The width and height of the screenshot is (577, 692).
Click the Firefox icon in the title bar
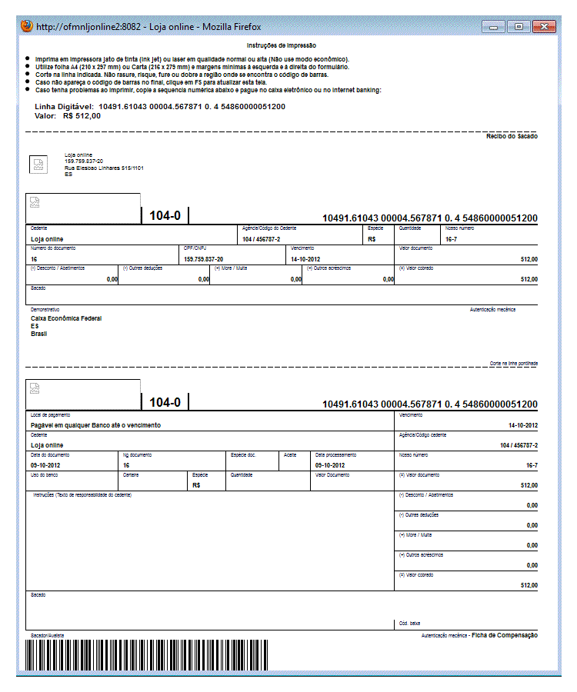pyautogui.click(x=26, y=26)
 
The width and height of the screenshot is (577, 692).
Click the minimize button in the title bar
pyautogui.click(x=493, y=27)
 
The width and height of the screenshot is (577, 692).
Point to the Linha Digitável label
pyautogui.click(x=64, y=106)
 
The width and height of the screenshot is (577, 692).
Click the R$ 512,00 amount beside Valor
pyautogui.click(x=82, y=116)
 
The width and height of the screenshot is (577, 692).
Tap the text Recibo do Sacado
pyautogui.click(x=512, y=136)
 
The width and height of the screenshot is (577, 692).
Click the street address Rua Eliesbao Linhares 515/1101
pyautogui.click(x=104, y=168)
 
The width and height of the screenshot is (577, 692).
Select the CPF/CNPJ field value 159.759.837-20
pyautogui.click(x=204, y=260)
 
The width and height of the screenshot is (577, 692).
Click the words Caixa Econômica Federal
pyautogui.click(x=66, y=318)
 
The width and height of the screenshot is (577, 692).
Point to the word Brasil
pyautogui.click(x=38, y=334)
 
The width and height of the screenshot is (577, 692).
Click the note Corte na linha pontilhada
pyautogui.click(x=514, y=363)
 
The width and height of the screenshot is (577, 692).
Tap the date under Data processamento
pyautogui.click(x=335, y=465)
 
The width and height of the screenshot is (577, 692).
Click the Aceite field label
pyautogui.click(x=290, y=454)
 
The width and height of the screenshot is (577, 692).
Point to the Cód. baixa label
pyautogui.click(x=410, y=623)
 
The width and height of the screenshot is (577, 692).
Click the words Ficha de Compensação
pyautogui.click(x=505, y=635)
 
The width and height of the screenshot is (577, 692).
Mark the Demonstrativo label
pyautogui.click(x=44, y=310)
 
